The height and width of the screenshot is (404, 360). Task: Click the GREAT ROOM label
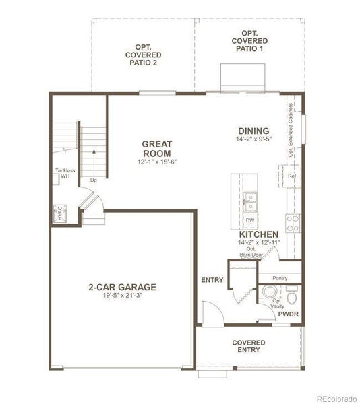click(157, 148)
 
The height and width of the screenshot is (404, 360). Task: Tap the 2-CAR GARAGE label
click(122, 287)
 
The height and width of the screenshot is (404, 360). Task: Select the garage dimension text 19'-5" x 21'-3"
click(122, 296)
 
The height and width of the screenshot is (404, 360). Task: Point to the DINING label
click(253, 131)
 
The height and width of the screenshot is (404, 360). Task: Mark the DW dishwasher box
click(249, 220)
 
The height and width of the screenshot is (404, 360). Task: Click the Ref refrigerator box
click(292, 176)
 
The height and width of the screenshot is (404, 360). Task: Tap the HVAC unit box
click(60, 213)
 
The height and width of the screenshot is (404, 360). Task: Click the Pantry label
click(280, 277)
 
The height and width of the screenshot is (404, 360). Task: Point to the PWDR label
click(288, 314)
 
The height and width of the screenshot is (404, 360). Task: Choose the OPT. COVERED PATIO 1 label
click(249, 41)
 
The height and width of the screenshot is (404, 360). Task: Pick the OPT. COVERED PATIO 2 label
click(142, 55)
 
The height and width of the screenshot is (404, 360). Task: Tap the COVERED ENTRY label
click(249, 347)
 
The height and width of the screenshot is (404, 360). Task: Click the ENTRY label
click(212, 280)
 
